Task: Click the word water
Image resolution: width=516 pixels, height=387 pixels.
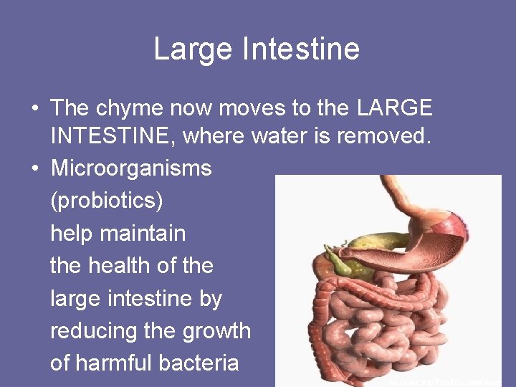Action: (x=279, y=135)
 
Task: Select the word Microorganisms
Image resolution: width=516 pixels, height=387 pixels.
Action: (x=131, y=168)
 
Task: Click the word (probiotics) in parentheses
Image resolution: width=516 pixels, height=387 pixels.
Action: (x=107, y=201)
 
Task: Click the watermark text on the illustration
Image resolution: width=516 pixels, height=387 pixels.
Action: (x=444, y=381)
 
